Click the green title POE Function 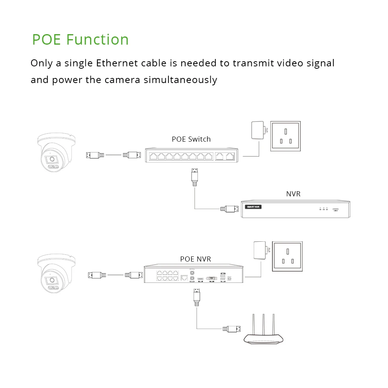[80, 40]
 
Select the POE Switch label [191, 139]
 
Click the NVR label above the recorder [293, 194]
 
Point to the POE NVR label [196, 259]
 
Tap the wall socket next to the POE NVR [288, 256]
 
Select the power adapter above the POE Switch [257, 130]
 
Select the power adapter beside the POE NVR [259, 251]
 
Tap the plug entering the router [231, 329]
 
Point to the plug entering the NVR [229, 209]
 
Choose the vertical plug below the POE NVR [197, 297]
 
